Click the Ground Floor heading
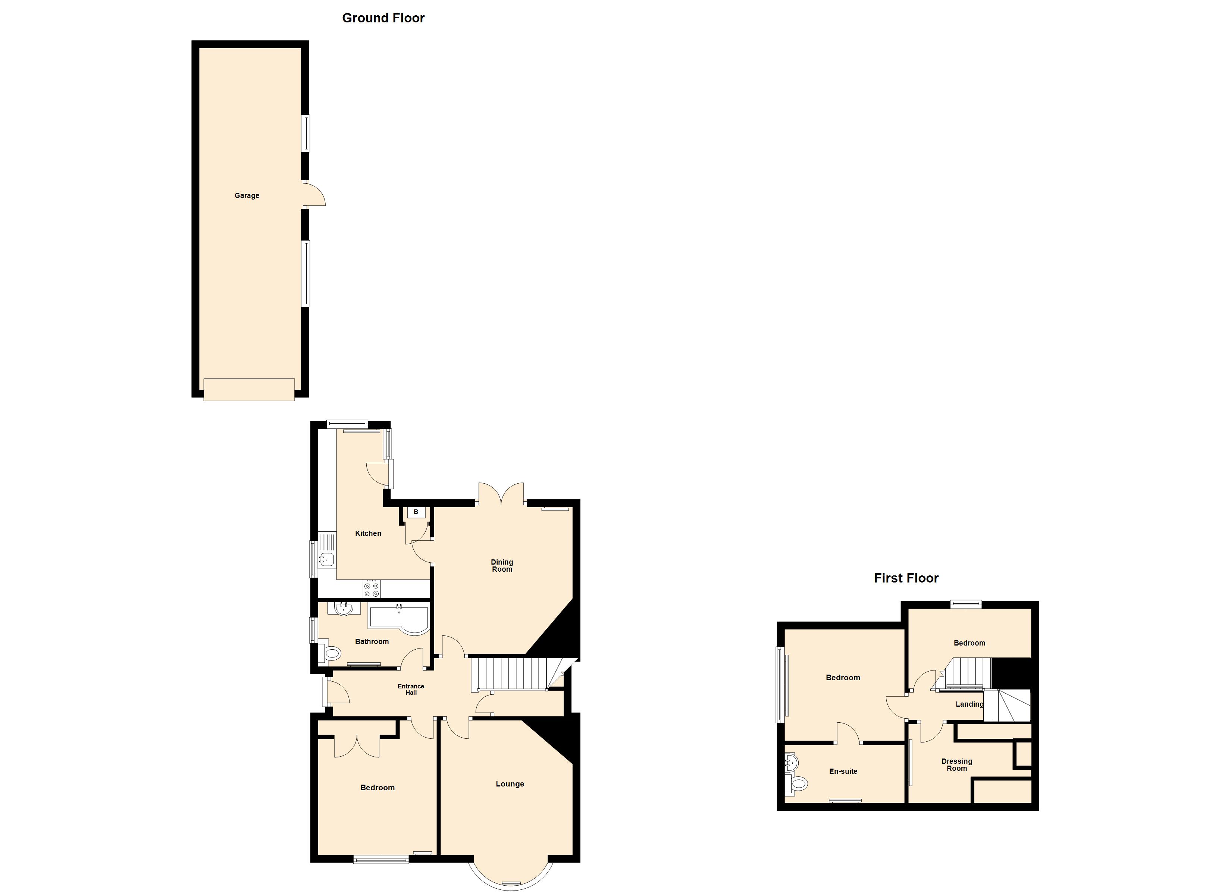click(383, 18)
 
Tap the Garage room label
click(247, 195)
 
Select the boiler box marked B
click(416, 512)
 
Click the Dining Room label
click(502, 566)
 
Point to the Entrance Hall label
click(411, 689)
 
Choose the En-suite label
click(843, 771)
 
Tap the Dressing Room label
click(957, 765)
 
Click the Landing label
click(970, 704)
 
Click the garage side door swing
click(315, 194)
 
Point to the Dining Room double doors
click(501, 494)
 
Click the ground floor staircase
click(516, 674)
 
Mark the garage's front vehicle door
click(249, 390)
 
